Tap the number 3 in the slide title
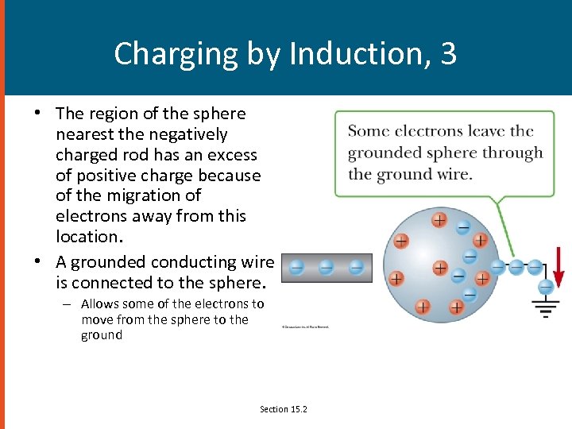coord(448,53)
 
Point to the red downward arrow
coord(558,267)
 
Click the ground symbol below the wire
coord(546,307)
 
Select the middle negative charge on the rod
coord(326,267)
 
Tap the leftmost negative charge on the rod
coord(296,267)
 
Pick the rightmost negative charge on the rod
coord(356,267)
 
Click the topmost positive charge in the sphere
coord(439,219)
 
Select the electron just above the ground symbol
coord(546,287)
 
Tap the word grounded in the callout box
coord(385,153)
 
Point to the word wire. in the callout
coord(453,174)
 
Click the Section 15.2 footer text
coord(284,409)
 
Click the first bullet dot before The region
coord(37,114)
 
